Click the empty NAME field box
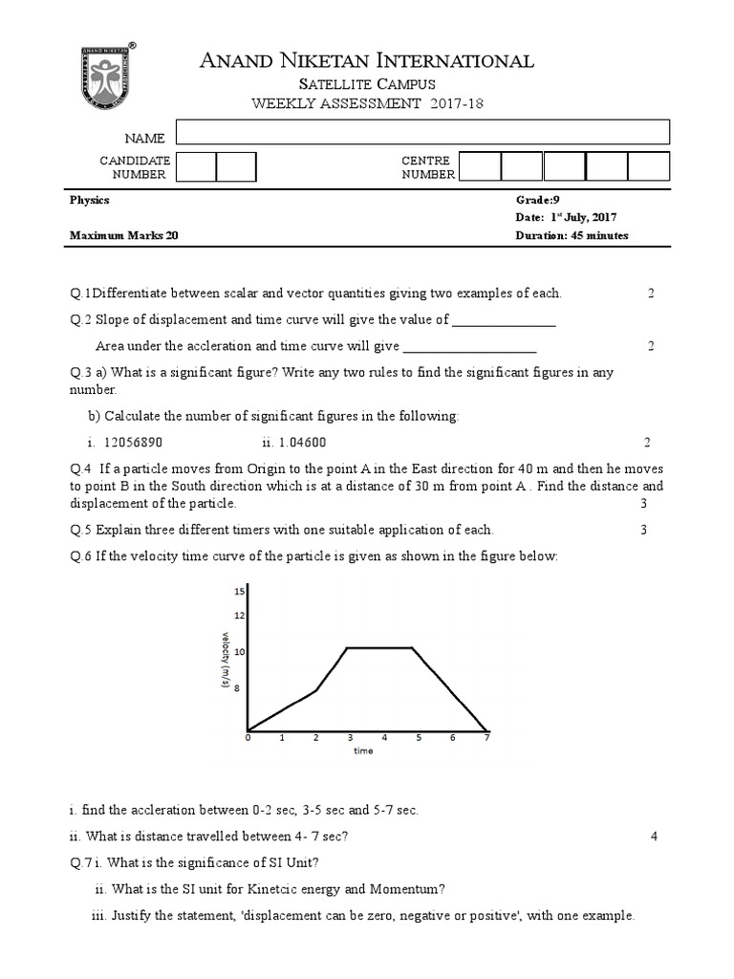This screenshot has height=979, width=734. click(x=422, y=132)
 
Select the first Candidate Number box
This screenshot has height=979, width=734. click(x=197, y=167)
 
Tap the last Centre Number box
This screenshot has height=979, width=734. click(x=649, y=166)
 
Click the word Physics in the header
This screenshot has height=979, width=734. click(x=89, y=200)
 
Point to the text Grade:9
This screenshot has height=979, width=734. click(x=536, y=200)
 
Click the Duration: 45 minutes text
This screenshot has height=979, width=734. click(x=572, y=235)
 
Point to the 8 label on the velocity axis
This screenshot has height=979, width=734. click(x=240, y=687)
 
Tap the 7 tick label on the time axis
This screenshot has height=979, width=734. click(x=486, y=738)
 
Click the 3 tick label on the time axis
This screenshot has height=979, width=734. click(x=350, y=738)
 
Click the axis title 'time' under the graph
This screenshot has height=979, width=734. click(x=363, y=751)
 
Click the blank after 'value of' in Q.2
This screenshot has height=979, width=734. click(x=504, y=320)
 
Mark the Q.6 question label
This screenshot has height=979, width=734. click(x=79, y=555)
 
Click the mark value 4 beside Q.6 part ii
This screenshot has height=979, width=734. click(x=654, y=837)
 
